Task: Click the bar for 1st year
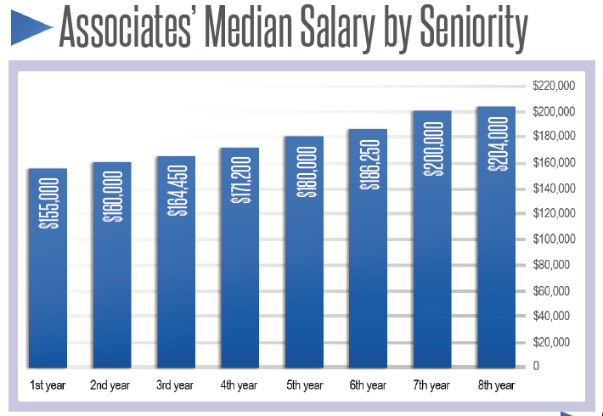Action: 48,267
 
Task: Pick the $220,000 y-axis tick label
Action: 554,86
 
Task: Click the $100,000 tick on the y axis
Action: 554,239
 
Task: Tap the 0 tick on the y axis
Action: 537,367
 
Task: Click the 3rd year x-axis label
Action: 176,385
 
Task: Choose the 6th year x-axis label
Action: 368,385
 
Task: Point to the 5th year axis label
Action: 303,385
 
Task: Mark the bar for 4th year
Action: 240,259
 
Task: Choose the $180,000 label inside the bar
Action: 304,171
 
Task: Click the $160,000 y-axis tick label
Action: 554,162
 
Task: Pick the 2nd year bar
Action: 112,265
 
